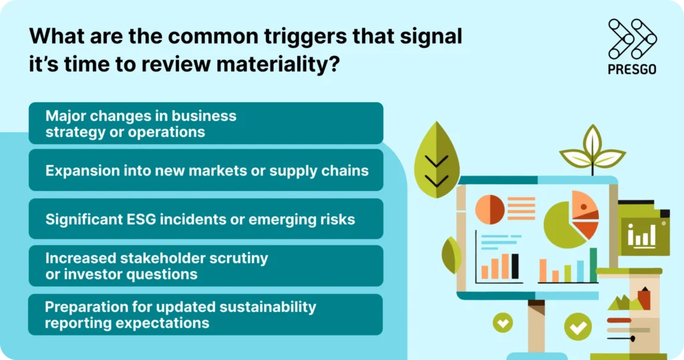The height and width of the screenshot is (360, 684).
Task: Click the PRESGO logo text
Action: (633, 69)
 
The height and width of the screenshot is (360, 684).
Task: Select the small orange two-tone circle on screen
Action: (490, 209)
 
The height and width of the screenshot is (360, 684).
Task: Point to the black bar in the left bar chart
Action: (514, 266)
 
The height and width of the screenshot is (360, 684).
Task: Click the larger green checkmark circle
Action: (577, 327)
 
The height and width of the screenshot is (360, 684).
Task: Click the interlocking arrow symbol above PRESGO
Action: (632, 38)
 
